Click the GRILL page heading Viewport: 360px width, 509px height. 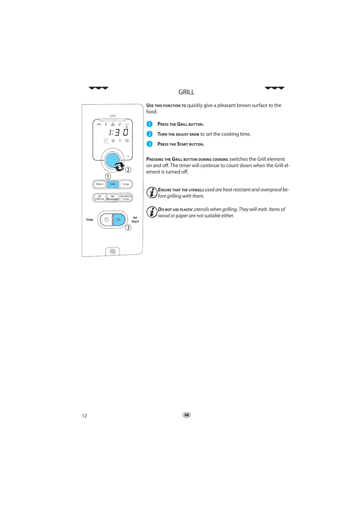186,92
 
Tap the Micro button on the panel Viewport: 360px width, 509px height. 99,184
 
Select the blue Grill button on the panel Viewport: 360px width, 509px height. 112,184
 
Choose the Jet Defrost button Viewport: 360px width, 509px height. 99,198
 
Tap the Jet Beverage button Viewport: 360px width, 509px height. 112,198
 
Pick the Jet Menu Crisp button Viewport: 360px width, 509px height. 126,198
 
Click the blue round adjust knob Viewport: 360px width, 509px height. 112,160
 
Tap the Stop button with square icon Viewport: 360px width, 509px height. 106,220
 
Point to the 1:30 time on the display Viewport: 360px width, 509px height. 119,132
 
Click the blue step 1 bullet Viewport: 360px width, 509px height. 149,124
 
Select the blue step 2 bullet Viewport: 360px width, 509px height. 149,134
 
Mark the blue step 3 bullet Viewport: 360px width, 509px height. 149,144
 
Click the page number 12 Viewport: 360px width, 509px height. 84,416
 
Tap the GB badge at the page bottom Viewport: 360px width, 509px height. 186,415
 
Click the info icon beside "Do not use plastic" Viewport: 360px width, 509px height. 152,212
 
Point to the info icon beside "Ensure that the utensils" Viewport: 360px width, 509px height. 152,192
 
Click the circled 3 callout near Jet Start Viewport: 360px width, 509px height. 128,228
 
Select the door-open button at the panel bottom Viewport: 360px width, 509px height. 112,251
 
